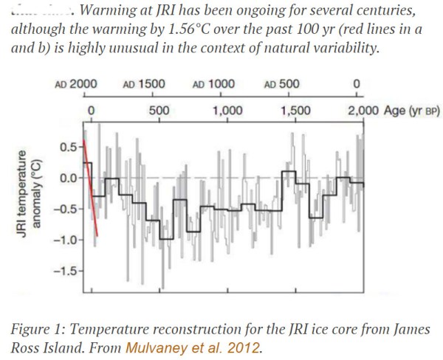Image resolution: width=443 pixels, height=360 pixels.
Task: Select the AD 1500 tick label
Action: coord(144,84)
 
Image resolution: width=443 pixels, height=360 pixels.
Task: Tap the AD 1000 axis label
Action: coord(213,84)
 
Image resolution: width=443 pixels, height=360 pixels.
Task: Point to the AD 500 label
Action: coord(281,84)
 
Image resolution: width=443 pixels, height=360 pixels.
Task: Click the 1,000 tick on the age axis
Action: coord(227,111)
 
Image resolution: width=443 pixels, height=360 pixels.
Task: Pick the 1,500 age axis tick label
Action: coord(296,111)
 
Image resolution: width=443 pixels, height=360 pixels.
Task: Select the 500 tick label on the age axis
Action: coord(159,111)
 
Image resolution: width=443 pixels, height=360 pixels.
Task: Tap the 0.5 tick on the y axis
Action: coord(69,148)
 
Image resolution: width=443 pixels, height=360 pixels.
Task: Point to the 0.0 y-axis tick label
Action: coord(69,178)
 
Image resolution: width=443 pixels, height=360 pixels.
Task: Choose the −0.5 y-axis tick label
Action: coord(66,209)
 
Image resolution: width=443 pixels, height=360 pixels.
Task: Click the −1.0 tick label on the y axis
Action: coord(66,240)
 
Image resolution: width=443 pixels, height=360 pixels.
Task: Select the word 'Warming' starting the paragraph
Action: coord(112,13)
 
